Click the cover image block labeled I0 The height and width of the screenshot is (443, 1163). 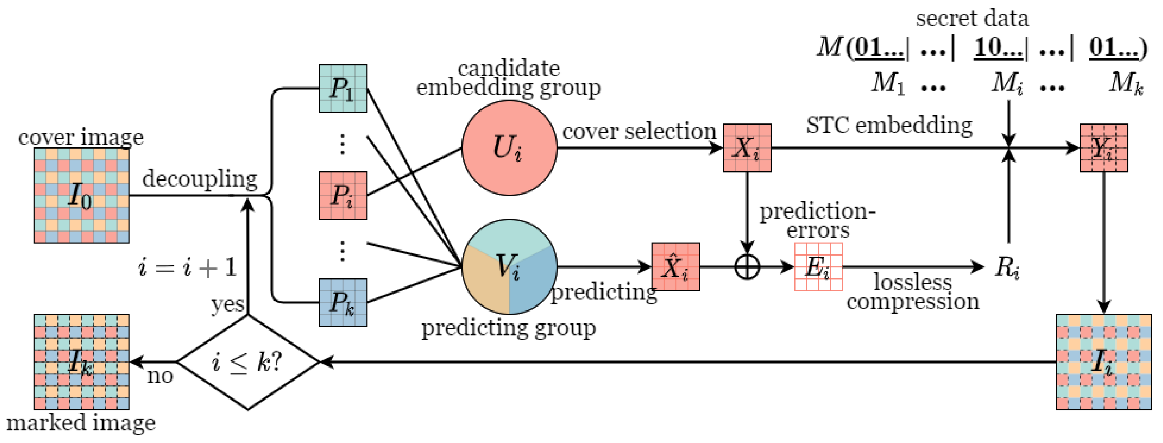pyautogui.click(x=81, y=195)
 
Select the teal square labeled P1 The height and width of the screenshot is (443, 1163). pyautogui.click(x=343, y=88)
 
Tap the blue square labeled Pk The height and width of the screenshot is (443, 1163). pyautogui.click(x=343, y=302)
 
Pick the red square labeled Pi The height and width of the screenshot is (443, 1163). pyautogui.click(x=343, y=195)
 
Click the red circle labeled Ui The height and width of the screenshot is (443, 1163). pyautogui.click(x=509, y=148)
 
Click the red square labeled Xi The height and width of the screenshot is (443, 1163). pyautogui.click(x=747, y=148)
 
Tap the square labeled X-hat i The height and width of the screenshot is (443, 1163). pyautogui.click(x=675, y=267)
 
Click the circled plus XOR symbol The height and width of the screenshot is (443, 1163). pyautogui.click(x=747, y=267)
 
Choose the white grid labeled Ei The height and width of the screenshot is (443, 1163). pyautogui.click(x=818, y=267)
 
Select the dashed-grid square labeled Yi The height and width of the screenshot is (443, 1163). pyautogui.click(x=1103, y=148)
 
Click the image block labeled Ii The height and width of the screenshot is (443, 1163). pyautogui.click(x=1103, y=362)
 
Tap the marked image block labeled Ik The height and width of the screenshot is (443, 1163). pyautogui.click(x=81, y=362)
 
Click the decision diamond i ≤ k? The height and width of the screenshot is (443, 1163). pyautogui.click(x=247, y=362)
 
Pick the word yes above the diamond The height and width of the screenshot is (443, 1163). pyautogui.click(x=228, y=304)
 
